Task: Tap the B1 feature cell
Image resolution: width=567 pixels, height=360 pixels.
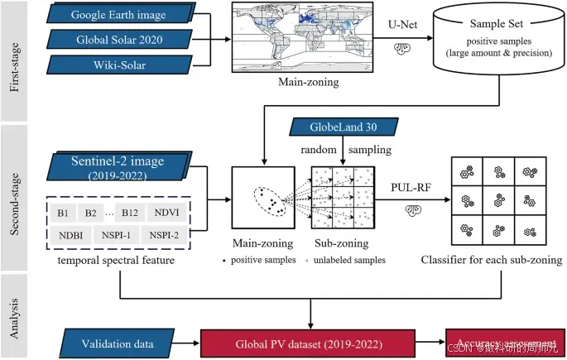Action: pos(63,213)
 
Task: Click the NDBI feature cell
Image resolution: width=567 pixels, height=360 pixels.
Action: pos(69,236)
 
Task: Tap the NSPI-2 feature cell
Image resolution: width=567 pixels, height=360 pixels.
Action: pos(171,236)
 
